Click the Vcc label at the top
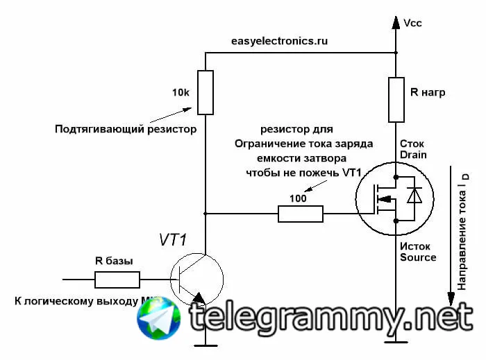412,23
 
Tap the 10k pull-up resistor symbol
206,92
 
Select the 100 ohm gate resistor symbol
301,214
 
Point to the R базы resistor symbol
117,280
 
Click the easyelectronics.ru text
279,41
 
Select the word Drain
414,155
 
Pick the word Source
418,257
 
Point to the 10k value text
181,93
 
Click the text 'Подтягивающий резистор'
126,129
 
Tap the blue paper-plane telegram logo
159,318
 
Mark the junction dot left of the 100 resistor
206,214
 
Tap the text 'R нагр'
428,93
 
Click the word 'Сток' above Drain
412,144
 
